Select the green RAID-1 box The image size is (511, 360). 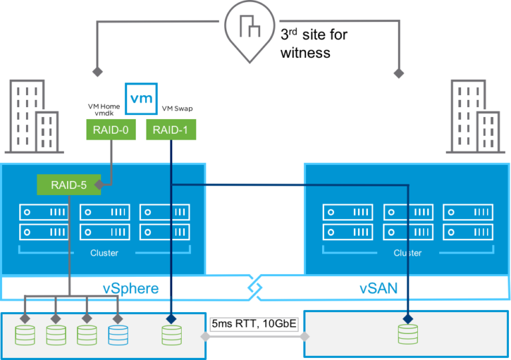click(171, 130)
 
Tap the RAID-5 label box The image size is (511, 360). click(69, 184)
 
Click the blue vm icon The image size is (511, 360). click(141, 98)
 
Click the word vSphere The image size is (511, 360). click(130, 289)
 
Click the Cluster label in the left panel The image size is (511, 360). click(104, 253)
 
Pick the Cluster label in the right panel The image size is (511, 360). click(407, 253)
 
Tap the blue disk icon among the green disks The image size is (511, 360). click(118, 334)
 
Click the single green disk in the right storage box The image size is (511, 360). click(408, 334)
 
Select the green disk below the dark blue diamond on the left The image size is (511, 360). click(171, 334)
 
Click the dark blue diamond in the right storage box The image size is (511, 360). click(408, 319)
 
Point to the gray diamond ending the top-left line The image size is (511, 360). click(97, 71)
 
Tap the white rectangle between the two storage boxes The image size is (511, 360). click(254, 324)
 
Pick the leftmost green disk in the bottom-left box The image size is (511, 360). click(25, 334)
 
